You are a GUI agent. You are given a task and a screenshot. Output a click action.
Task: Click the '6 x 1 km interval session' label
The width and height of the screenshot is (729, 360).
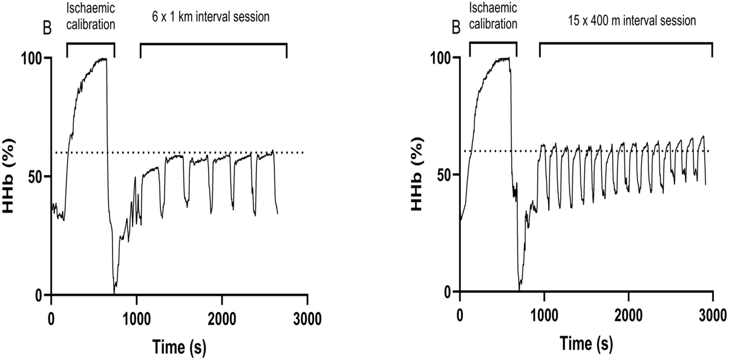(210, 17)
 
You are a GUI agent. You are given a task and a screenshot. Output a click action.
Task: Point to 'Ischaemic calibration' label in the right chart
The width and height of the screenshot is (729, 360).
(492, 17)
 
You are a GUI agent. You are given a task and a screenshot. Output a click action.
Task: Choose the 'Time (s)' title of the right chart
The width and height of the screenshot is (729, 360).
(586, 343)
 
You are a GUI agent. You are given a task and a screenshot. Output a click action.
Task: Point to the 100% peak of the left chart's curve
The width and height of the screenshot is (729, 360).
(104, 59)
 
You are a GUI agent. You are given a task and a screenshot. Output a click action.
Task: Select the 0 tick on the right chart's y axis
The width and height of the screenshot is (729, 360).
(448, 292)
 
